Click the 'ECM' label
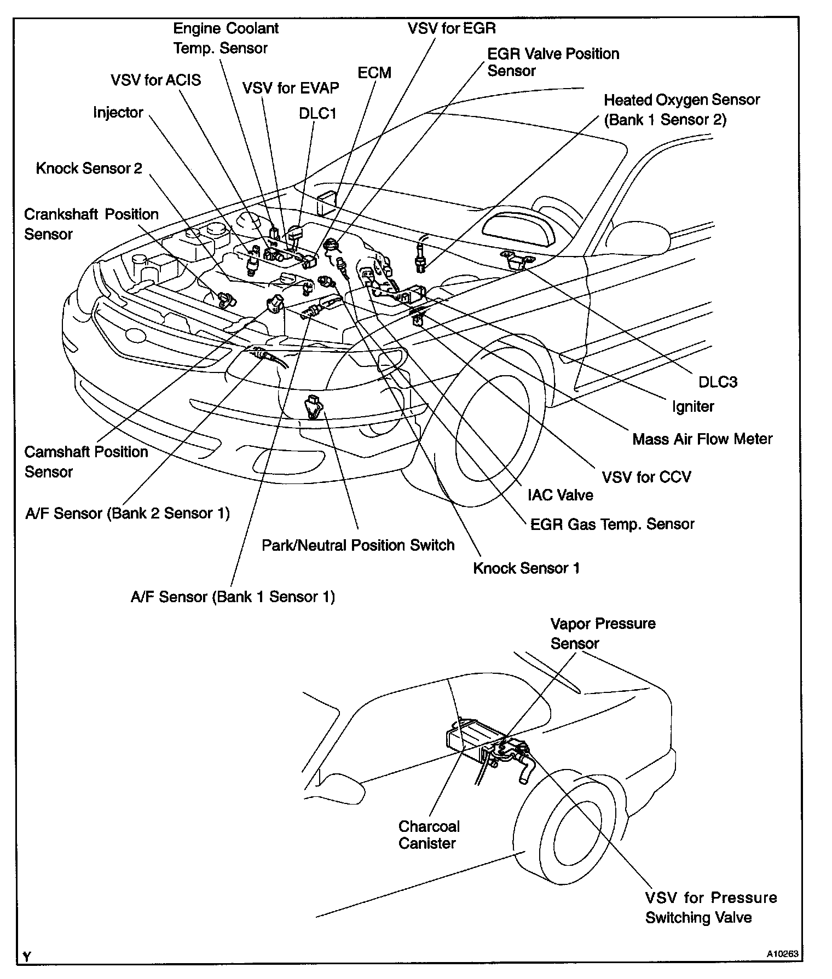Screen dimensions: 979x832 [x=374, y=73]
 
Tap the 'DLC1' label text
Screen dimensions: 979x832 [x=317, y=113]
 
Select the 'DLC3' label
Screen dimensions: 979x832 [x=718, y=382]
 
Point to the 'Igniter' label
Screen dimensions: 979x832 [x=693, y=406]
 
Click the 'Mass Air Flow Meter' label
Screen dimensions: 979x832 [x=702, y=439]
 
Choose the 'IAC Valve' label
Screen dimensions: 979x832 [x=560, y=495]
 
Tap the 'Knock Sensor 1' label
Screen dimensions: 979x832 [x=526, y=568]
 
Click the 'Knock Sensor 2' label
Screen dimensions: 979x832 [x=89, y=168]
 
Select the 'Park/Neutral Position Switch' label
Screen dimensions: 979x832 [x=358, y=545]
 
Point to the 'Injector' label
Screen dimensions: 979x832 [x=118, y=113]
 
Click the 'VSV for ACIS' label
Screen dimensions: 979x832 [x=155, y=80]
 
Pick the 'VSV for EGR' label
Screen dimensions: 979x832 [x=452, y=28]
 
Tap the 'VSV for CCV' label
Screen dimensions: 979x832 [x=646, y=477]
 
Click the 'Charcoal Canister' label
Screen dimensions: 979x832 [x=429, y=835]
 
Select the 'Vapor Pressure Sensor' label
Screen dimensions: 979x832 [x=603, y=633]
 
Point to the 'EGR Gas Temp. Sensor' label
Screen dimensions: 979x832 [x=612, y=524]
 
